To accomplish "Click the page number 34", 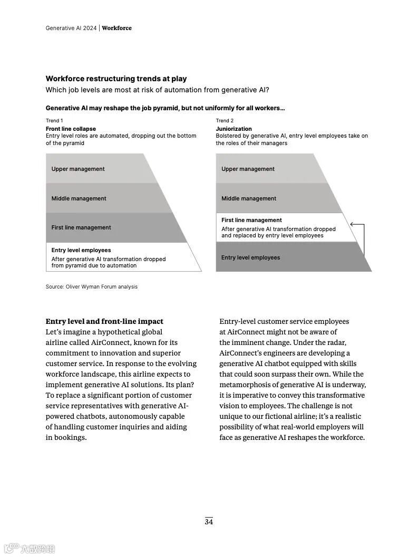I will (209, 522).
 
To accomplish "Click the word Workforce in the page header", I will (116, 28).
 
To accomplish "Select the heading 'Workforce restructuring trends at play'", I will (116, 79).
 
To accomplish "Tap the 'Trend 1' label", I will (54, 121).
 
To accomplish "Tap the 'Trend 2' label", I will (225, 121).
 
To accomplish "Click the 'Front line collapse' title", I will (71, 129).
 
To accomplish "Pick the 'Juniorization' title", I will (234, 129).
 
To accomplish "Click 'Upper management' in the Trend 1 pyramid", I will (78, 169).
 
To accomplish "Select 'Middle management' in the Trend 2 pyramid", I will (249, 198).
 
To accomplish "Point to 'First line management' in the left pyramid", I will (81, 227).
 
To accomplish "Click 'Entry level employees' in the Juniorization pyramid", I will (250, 257).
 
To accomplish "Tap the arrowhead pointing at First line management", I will (352, 225).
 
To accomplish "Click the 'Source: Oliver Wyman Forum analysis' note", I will (91, 286).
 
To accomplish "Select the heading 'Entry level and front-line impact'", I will (104, 321).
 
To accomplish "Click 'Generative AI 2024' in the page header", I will (71, 28).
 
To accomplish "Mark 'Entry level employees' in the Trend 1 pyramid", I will (81, 250).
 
